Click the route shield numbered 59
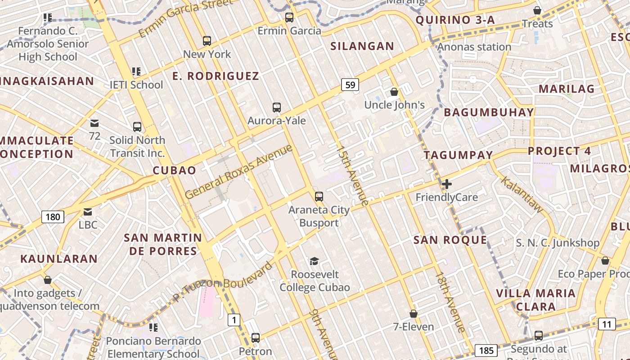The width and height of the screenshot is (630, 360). [x=350, y=84]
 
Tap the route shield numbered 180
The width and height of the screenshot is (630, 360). [x=53, y=217]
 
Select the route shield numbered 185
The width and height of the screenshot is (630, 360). [x=486, y=351]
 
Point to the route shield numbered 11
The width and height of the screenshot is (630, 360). [x=607, y=324]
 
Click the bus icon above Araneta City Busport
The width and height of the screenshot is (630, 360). [x=319, y=197]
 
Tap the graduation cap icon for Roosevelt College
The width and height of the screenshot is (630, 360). [x=314, y=261]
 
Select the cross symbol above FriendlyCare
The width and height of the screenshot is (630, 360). [x=446, y=184]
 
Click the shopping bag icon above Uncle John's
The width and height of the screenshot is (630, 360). [x=394, y=92]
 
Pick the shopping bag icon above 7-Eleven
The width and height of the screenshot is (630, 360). [x=413, y=314]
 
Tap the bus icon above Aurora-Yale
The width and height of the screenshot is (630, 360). [x=277, y=108]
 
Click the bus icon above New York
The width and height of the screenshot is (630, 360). [x=207, y=41]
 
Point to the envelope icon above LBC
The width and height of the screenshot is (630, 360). [x=88, y=211]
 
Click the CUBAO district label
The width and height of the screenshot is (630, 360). [x=174, y=171]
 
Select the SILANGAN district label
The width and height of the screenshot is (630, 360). [x=362, y=46]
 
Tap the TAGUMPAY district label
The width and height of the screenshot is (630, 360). [x=459, y=155]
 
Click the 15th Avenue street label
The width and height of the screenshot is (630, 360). [x=353, y=175]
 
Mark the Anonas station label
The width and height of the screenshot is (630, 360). [x=474, y=47]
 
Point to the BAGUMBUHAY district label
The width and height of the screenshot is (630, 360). [x=489, y=112]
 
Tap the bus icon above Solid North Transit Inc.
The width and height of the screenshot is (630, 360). [x=137, y=127]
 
